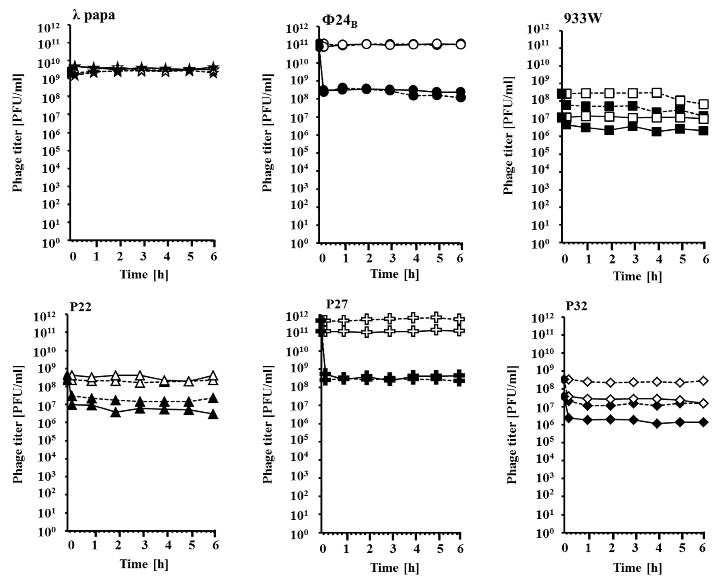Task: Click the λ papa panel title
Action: click(x=94, y=15)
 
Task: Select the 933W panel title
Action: click(x=582, y=19)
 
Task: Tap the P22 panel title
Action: click(x=80, y=307)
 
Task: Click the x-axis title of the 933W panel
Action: click(x=637, y=276)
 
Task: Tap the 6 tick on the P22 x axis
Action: click(x=215, y=546)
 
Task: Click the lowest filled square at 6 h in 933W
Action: click(x=704, y=131)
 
